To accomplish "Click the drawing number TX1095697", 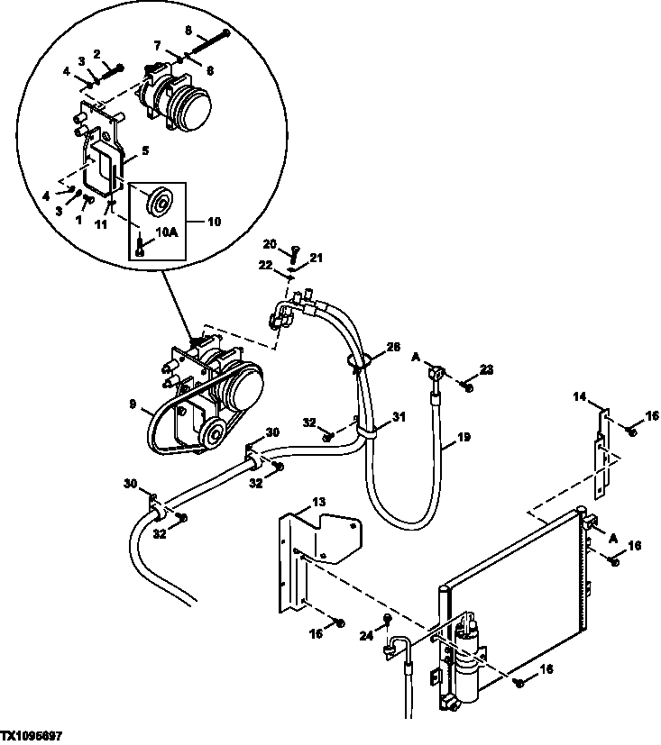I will coord(37,736).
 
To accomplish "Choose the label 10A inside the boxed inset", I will coord(168,232).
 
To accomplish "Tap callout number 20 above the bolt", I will coord(269,243).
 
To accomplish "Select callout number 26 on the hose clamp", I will coord(393,347).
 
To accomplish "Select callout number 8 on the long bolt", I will coord(188,30).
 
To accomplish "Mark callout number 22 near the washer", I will coord(265,264).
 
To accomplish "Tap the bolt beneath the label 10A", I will coord(140,244).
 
